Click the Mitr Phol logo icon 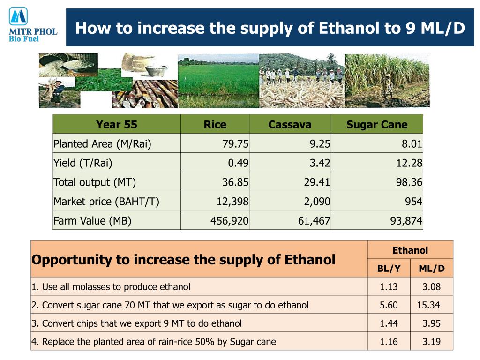click(18, 16)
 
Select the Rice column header click(215, 124)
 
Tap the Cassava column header click(290, 124)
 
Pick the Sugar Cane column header click(377, 124)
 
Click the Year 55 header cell click(116, 124)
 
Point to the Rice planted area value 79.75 click(235, 143)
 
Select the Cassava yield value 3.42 click(320, 163)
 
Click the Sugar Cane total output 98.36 click(409, 182)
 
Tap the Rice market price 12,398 click(232, 202)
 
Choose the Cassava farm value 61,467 click(314, 221)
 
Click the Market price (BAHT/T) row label click(106, 202)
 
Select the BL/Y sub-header click(389, 269)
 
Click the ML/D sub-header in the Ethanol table click(432, 269)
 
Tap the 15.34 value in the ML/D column click(428, 305)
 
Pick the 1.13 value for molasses click(389, 287)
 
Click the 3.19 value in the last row click(431, 342)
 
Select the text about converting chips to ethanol click(136, 323)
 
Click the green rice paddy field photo click(218, 81)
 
